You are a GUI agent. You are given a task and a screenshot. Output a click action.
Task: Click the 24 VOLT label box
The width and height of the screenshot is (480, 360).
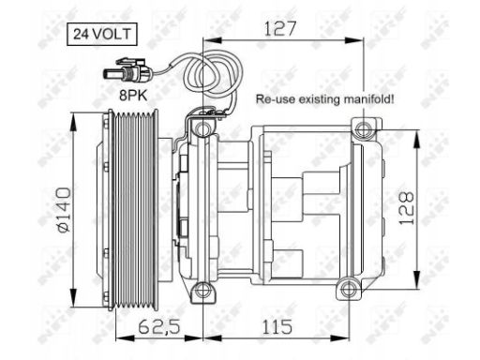tap(102, 34)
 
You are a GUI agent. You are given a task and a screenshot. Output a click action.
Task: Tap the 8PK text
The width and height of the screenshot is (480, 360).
tap(133, 96)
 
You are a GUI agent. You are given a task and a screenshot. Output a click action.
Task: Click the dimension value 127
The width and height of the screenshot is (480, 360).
tap(279, 29)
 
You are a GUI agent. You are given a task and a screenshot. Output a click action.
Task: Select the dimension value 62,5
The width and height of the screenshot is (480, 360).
tap(159, 326)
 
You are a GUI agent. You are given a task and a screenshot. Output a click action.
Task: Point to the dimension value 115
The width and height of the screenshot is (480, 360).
tap(277, 327)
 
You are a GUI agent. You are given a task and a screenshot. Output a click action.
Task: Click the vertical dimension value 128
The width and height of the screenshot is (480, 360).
tap(407, 208)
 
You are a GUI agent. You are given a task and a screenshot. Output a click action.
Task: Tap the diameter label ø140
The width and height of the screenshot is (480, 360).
tap(64, 210)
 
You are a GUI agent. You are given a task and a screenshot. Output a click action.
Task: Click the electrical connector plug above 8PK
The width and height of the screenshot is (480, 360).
tap(127, 71)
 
